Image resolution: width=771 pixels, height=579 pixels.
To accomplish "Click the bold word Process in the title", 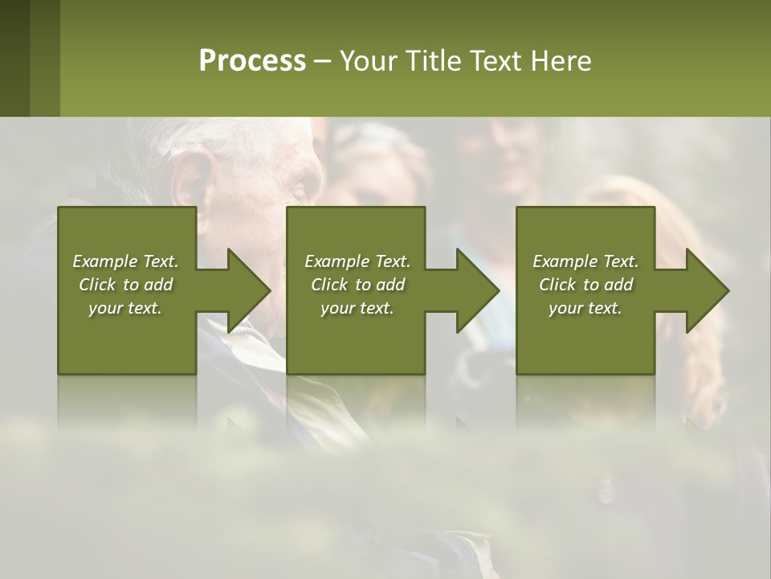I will tap(252, 61).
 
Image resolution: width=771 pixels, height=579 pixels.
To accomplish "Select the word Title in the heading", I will tap(427, 61).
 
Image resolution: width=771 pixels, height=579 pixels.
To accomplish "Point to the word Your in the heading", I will tap(369, 61).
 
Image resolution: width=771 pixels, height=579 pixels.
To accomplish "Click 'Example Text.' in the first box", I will tap(125, 261).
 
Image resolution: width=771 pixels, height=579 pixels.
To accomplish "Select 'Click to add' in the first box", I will tap(125, 285).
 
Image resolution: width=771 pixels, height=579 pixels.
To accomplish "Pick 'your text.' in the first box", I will tap(125, 308).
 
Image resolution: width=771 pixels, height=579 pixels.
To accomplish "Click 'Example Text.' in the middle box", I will tap(357, 261).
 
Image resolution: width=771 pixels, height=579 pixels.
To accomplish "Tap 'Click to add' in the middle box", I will tap(357, 285).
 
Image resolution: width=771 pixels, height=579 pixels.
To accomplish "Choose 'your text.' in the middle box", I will tap(357, 308).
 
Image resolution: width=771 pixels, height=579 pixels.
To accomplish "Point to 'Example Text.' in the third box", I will tap(585, 261).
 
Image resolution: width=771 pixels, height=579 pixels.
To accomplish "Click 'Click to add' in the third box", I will tap(585, 285).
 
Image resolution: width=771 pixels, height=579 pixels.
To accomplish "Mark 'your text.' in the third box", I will tap(585, 308).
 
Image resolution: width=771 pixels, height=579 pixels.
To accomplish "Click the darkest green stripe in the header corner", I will tap(14, 58).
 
